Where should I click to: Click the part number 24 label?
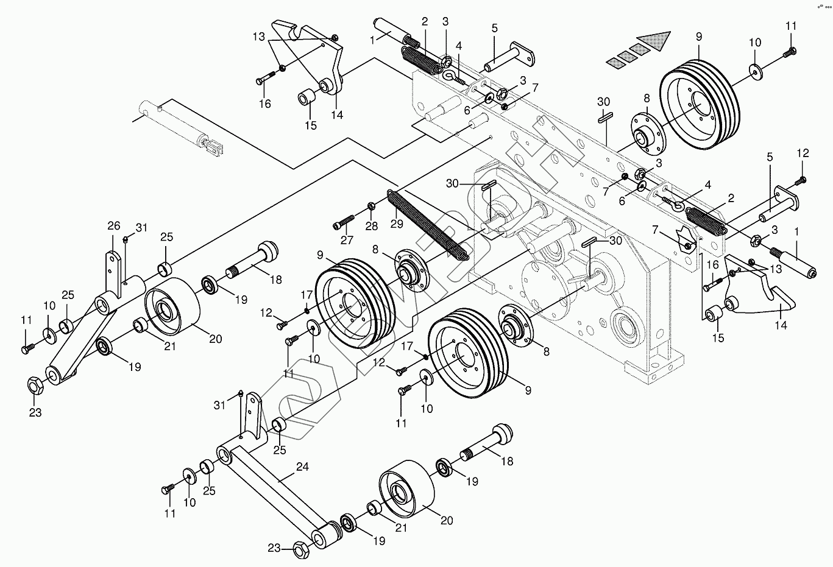pyautogui.click(x=302, y=467)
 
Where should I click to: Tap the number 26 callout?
pyautogui.click(x=114, y=226)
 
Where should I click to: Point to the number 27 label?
pyautogui.click(x=347, y=240)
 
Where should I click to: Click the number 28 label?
pyautogui.click(x=372, y=227)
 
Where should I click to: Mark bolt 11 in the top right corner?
pyautogui.click(x=789, y=54)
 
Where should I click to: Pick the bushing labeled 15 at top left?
pyautogui.click(x=307, y=97)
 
